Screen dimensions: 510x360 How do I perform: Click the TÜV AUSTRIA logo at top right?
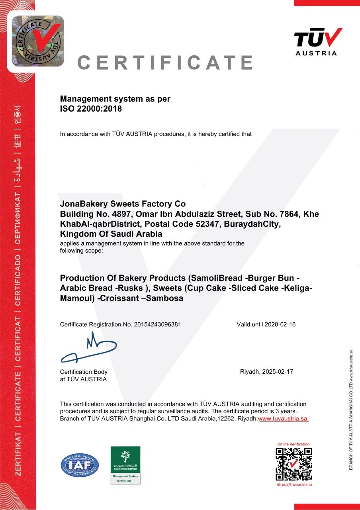click(318, 41)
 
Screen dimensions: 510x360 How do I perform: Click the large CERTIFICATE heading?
click(165, 63)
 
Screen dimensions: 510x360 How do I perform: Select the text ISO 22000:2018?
click(91, 108)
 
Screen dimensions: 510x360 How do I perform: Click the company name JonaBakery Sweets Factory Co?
click(123, 204)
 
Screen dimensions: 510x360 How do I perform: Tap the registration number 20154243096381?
click(157, 324)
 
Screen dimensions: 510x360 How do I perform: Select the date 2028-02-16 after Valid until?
click(280, 324)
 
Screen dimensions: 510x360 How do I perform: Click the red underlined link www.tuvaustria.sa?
click(283, 419)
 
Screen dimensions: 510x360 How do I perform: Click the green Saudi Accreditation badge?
click(125, 465)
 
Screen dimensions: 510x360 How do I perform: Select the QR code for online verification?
click(294, 463)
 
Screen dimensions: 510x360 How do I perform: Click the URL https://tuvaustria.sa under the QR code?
click(294, 484)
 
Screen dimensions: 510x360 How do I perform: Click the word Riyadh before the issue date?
click(249, 372)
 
